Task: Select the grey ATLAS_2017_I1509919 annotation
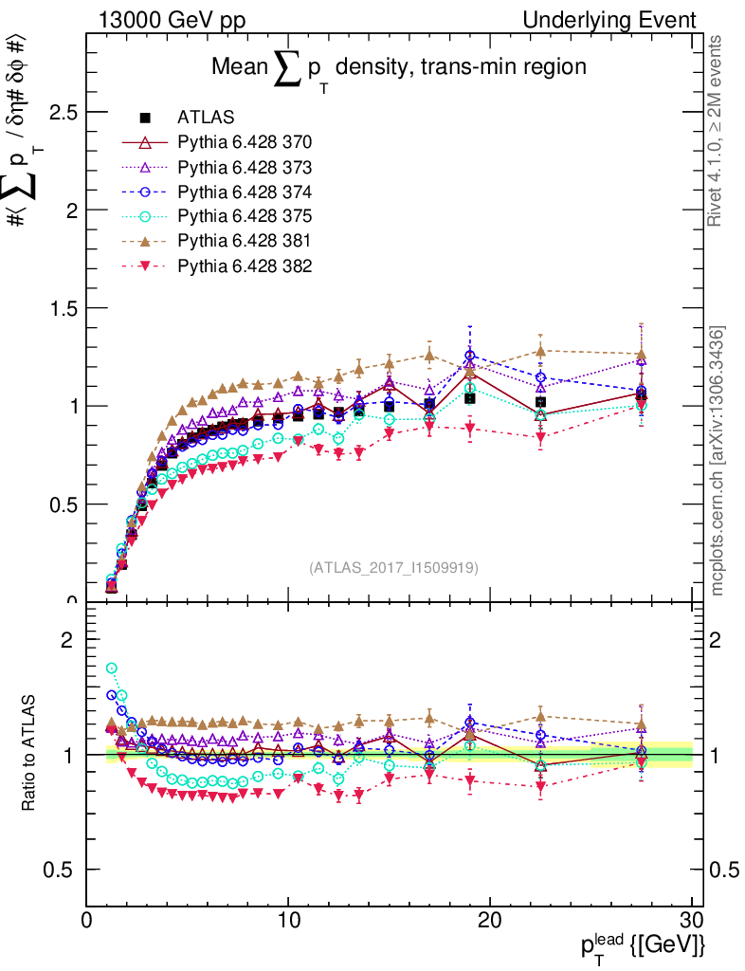[393, 568]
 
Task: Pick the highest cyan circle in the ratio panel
[112, 669]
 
